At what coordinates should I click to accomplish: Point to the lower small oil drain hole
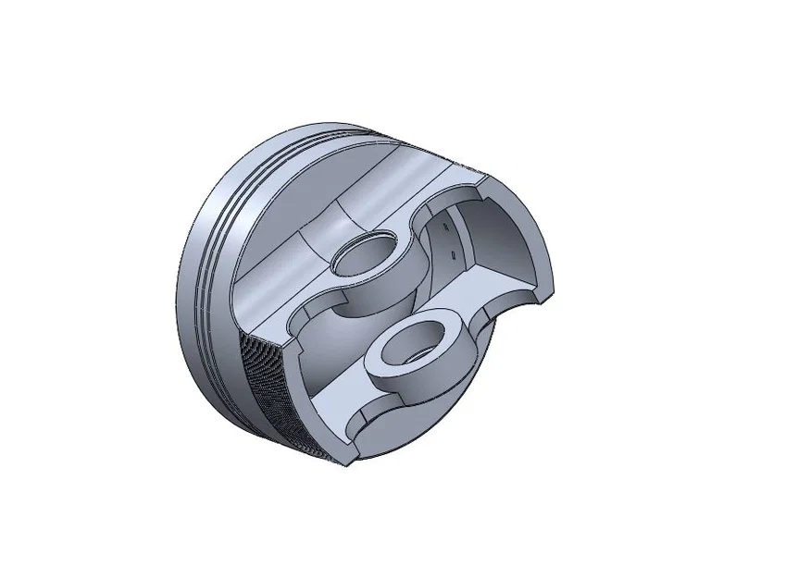(452, 251)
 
